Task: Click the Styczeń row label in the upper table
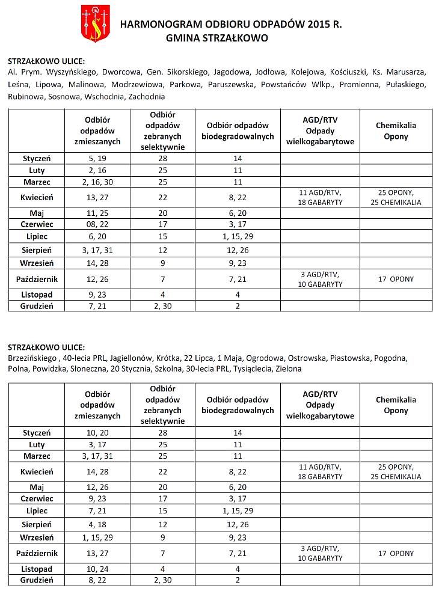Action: point(37,158)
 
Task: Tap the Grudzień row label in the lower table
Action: point(37,580)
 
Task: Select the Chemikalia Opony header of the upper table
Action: point(396,131)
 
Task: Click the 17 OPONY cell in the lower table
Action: point(396,553)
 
